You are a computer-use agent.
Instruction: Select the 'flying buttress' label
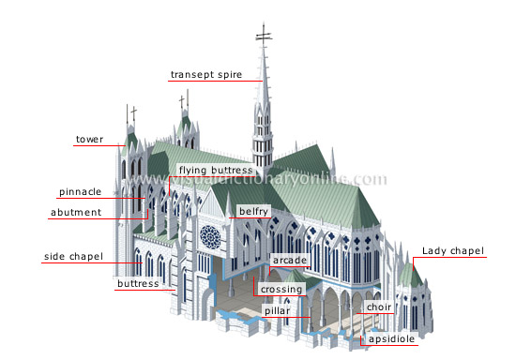(217, 171)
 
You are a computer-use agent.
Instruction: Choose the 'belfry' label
(253, 212)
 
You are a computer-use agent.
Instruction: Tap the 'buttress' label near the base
(137, 282)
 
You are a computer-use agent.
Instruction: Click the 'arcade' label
(289, 259)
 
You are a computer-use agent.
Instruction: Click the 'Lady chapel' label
(452, 251)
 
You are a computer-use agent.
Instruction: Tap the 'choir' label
(379, 307)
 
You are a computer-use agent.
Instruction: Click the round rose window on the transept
(211, 236)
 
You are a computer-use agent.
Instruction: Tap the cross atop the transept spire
(265, 36)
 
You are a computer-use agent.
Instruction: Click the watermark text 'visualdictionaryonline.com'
(281, 178)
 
